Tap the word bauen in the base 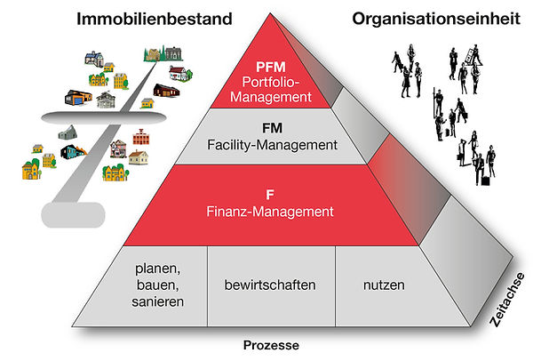pos(159,285)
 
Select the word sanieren pos(159,301)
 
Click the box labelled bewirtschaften pos(270,285)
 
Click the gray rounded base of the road pos(71,213)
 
